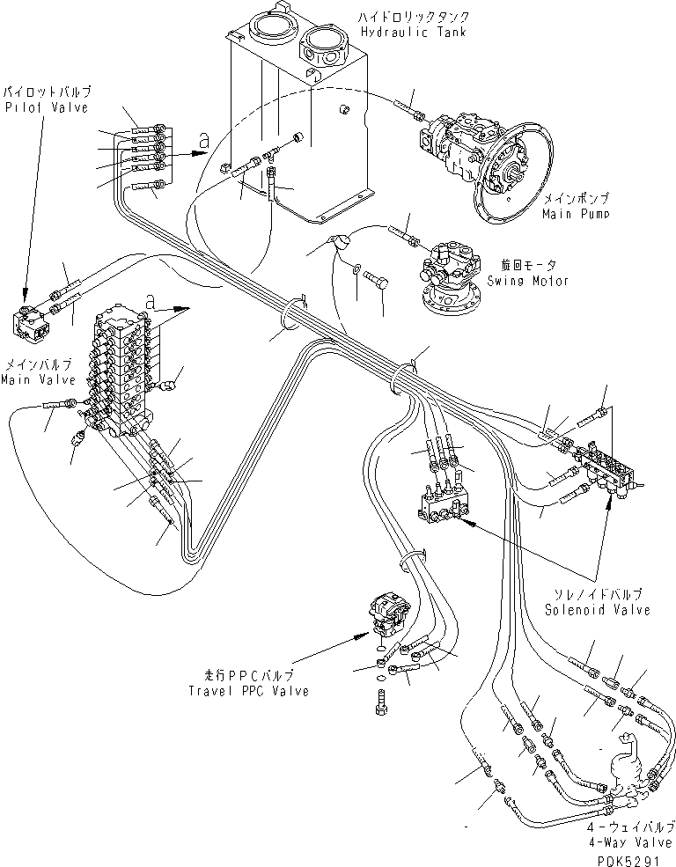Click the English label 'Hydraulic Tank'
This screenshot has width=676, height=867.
tap(413, 33)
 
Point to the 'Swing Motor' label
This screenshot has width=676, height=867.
tap(529, 281)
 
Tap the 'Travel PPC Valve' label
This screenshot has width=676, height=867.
tap(249, 691)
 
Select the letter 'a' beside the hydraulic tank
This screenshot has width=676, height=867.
tap(204, 139)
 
